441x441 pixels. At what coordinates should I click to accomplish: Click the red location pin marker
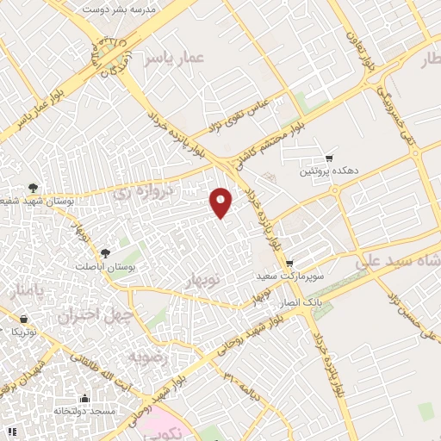(222, 202)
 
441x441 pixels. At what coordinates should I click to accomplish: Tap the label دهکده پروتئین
(326, 172)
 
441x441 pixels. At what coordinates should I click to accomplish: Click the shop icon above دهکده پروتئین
(329, 158)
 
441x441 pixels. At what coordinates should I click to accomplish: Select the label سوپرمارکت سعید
(289, 277)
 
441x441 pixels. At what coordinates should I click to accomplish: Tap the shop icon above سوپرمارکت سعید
(289, 264)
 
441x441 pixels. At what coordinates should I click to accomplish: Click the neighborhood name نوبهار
(203, 280)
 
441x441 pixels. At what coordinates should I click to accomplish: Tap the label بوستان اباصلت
(107, 268)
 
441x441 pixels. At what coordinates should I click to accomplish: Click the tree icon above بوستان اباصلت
(105, 253)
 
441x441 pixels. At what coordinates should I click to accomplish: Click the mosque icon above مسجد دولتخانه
(84, 398)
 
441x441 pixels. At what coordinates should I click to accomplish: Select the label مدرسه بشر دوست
(118, 8)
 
